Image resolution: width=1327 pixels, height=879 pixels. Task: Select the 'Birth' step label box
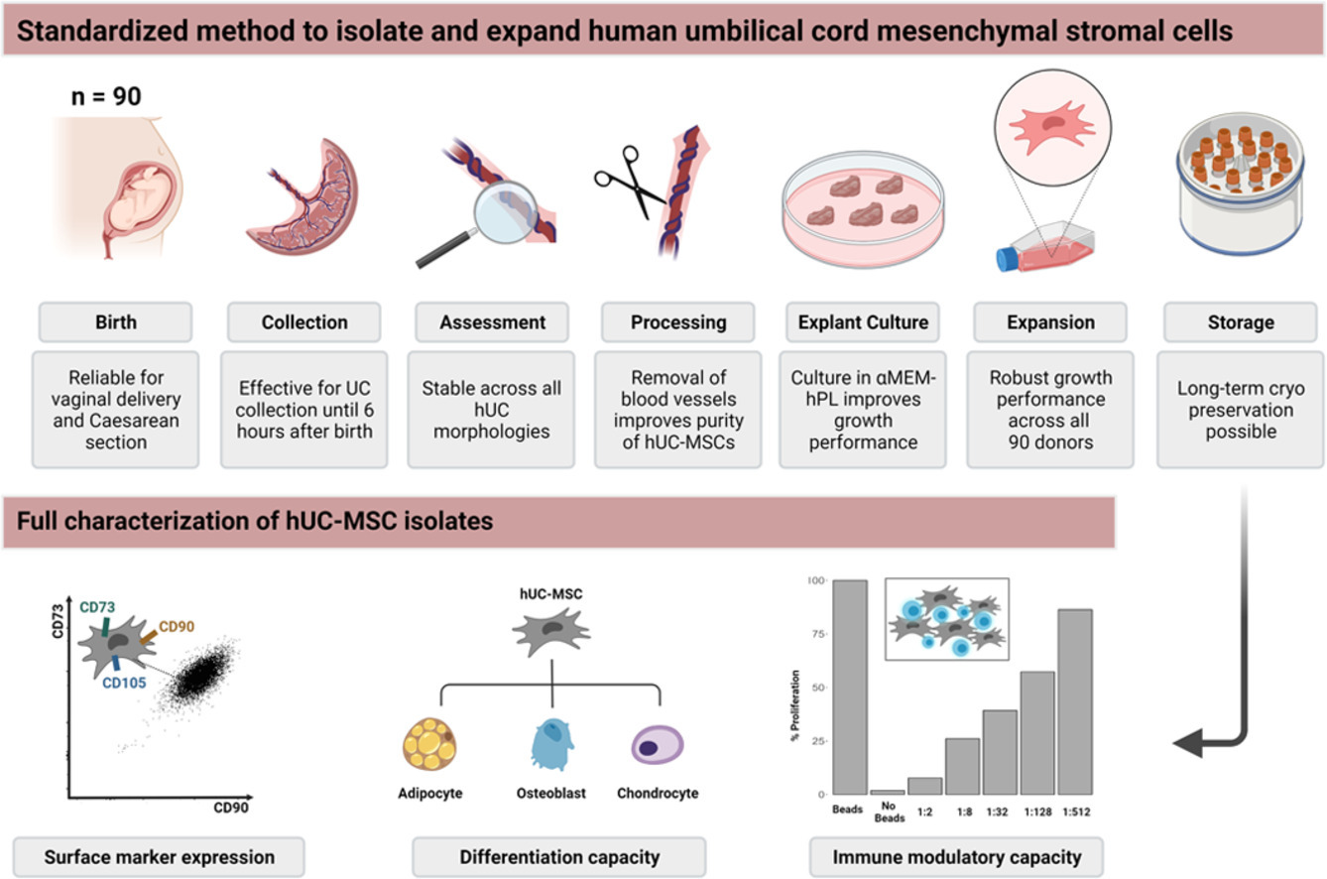coord(116,321)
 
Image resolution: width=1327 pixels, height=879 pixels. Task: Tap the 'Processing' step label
coord(678,321)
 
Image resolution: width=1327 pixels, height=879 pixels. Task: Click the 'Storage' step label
coord(1240,321)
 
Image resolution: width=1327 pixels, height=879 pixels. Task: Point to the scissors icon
coord(628,181)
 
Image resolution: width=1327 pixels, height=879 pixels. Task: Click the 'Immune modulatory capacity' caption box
coord(956,856)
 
